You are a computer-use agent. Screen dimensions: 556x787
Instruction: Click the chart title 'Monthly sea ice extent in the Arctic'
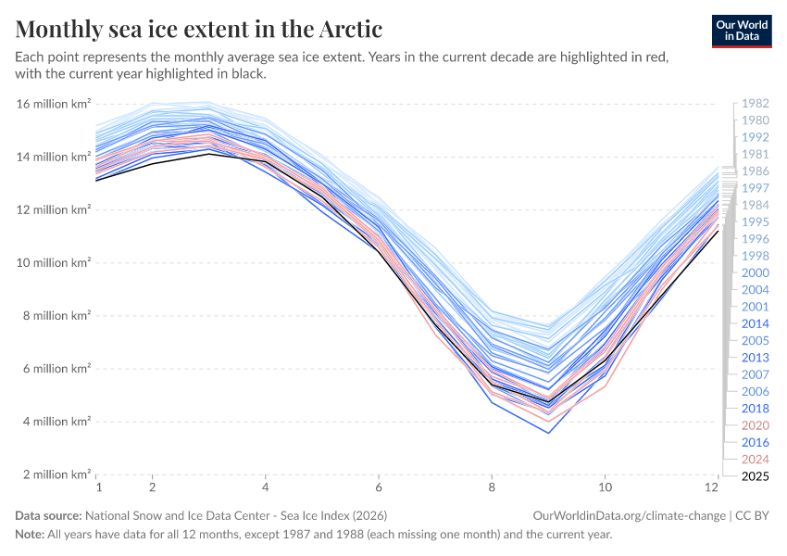pyautogui.click(x=199, y=28)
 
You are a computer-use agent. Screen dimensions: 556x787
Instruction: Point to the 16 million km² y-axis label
pyautogui.click(x=54, y=104)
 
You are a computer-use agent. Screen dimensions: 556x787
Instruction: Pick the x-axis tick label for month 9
pyautogui.click(x=549, y=486)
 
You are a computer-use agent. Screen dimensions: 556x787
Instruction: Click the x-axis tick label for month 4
pyautogui.click(x=266, y=486)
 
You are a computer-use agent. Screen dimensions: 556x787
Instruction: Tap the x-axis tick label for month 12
pyautogui.click(x=714, y=486)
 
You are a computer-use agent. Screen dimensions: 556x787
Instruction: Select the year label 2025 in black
pyautogui.click(x=755, y=475)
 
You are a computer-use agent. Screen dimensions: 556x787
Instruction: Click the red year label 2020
pyautogui.click(x=755, y=425)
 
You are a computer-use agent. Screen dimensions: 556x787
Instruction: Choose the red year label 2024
pyautogui.click(x=755, y=459)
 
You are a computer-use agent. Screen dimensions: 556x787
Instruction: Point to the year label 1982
pyautogui.click(x=755, y=104)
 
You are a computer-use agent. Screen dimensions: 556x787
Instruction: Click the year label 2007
pyautogui.click(x=755, y=374)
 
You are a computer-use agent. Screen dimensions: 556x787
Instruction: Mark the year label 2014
pyautogui.click(x=755, y=323)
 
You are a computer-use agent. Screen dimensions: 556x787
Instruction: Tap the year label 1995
pyautogui.click(x=755, y=221)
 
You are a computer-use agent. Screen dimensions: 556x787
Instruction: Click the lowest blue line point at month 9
pyautogui.click(x=549, y=433)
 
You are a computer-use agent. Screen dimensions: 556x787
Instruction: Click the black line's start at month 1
pyautogui.click(x=97, y=180)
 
